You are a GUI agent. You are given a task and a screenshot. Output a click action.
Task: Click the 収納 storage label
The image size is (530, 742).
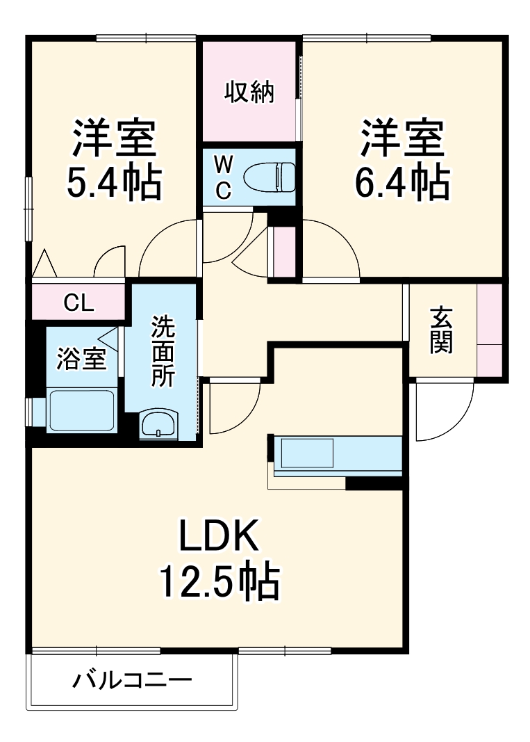249,92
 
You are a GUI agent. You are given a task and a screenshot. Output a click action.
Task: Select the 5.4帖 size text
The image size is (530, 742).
114,182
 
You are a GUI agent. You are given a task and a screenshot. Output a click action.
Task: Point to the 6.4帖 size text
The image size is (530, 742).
401,182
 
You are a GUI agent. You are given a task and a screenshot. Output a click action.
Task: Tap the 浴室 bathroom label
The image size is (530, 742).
81,360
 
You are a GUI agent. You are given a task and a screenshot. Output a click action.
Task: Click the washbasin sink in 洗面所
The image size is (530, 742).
159,424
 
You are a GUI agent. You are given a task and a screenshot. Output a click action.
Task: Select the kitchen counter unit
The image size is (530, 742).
338,455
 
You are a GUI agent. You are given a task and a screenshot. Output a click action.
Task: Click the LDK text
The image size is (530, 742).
220,536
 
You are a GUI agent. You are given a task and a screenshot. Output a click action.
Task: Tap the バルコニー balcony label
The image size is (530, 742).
132,679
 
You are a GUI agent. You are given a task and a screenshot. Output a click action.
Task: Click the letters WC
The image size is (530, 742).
223,177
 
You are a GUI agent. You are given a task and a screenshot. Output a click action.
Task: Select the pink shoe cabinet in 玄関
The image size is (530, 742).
490,327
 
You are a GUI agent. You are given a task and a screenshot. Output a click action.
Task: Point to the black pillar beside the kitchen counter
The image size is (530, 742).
374,483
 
